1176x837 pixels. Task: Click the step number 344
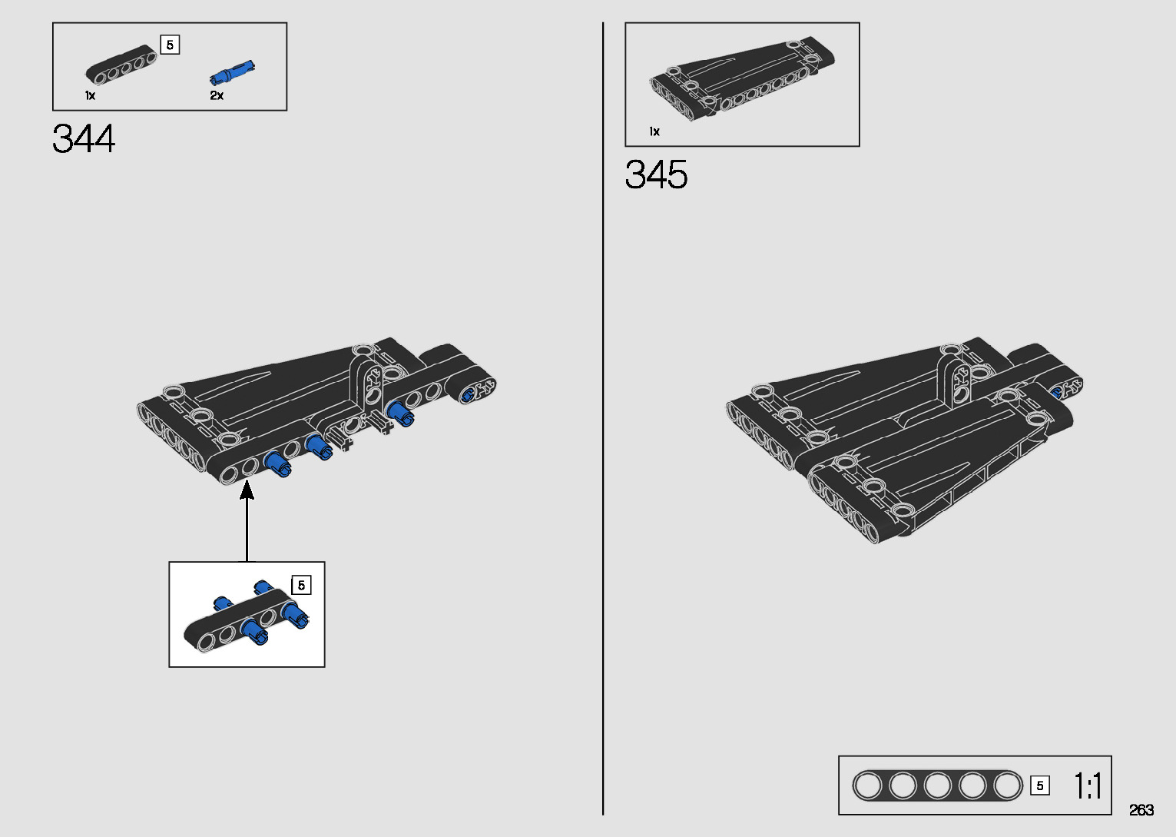[84, 139]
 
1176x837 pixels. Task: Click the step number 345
[656, 175]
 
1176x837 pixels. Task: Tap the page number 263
[1141, 810]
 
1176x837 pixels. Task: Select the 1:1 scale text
[1088, 786]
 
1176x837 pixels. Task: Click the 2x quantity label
[217, 96]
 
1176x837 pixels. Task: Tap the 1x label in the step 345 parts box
[654, 132]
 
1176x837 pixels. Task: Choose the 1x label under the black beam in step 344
[90, 96]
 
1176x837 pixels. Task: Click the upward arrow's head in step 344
[247, 489]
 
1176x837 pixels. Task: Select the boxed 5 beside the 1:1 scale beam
[1040, 786]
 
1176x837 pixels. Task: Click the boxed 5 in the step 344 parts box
[170, 45]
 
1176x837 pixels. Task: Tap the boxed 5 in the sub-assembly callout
[301, 586]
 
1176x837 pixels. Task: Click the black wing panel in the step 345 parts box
[741, 81]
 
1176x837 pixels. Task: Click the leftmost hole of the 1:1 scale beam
[867, 786]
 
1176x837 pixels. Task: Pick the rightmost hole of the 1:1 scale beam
[1007, 786]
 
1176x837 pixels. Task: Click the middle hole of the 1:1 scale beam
[937, 786]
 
